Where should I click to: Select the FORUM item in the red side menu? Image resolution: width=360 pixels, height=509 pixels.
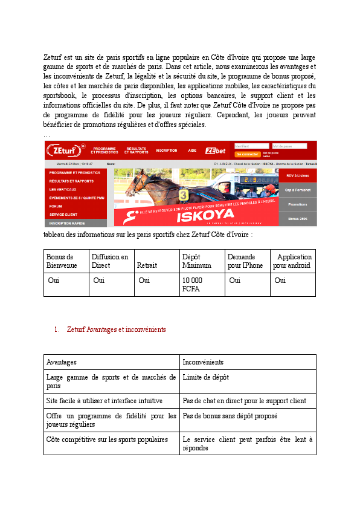pyautogui.click(x=56, y=206)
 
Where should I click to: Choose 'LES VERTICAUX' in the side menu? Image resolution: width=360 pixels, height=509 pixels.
pyautogui.click(x=63, y=189)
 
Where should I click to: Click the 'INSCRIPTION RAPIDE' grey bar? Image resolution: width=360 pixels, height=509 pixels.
pyautogui.click(x=68, y=223)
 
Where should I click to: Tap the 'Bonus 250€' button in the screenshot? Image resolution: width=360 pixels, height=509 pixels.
pyautogui.click(x=298, y=219)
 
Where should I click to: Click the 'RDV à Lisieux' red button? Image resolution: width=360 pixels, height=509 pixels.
pyautogui.click(x=298, y=175)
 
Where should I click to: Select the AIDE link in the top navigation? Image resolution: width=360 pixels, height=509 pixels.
pyautogui.click(x=192, y=151)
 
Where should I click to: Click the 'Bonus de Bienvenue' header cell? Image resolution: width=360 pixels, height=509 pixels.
pyautogui.click(x=62, y=261)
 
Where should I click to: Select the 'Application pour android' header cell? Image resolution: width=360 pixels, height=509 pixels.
pyautogui.click(x=292, y=261)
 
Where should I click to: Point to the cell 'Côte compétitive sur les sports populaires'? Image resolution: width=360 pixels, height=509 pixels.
pyautogui.click(x=107, y=439)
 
